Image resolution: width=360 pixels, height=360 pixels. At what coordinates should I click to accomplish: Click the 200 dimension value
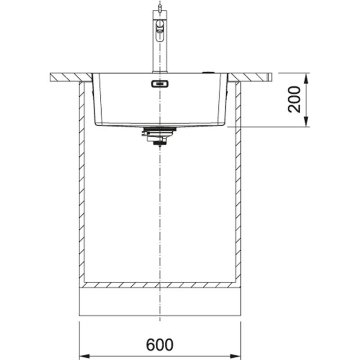tap(295, 99)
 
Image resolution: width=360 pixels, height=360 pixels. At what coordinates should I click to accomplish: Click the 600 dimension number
tap(160, 345)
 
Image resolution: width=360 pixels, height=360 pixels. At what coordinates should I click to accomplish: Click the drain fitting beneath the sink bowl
tap(157, 135)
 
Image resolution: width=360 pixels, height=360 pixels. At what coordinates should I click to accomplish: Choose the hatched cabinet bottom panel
tap(160, 285)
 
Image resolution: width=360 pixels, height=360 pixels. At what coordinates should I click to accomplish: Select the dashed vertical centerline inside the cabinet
tap(160, 216)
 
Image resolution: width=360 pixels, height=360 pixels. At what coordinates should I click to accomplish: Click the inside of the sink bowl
tap(189, 103)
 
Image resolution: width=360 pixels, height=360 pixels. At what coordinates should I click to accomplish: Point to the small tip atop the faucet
tap(158, 5)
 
